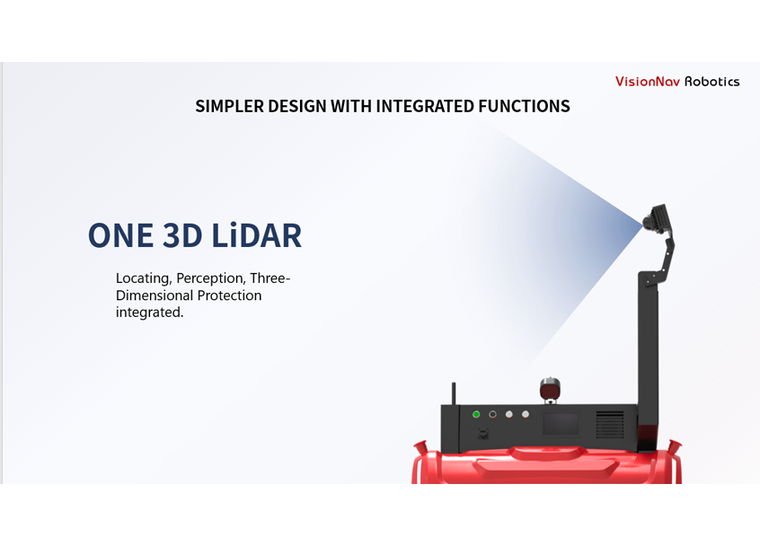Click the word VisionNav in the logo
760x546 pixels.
pyautogui.click(x=648, y=82)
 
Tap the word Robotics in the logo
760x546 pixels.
pyautogui.click(x=712, y=82)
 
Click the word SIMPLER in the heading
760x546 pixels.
pyautogui.click(x=229, y=106)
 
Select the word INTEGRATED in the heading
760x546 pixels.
pyautogui.click(x=425, y=106)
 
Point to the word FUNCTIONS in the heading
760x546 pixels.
pyautogui.click(x=525, y=106)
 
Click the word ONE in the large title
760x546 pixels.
pyautogui.click(x=120, y=235)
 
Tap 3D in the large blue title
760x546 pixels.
pyautogui.click(x=182, y=235)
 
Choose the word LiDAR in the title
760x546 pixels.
pyautogui.click(x=257, y=235)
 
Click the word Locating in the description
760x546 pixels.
pyautogui.click(x=143, y=278)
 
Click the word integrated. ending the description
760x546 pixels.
pyautogui.click(x=149, y=313)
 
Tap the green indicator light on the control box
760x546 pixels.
pyautogui.click(x=476, y=414)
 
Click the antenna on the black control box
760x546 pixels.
pyautogui.click(x=455, y=394)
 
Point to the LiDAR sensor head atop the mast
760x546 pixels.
pyautogui.click(x=657, y=217)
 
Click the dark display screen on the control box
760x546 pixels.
pyautogui.click(x=561, y=424)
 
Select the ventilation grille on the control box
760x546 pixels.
pyautogui.click(x=610, y=425)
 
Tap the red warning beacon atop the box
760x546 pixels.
pyautogui.click(x=550, y=389)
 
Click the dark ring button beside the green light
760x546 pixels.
pyautogui.click(x=492, y=414)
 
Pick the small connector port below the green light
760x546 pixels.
pyautogui.click(x=483, y=433)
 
